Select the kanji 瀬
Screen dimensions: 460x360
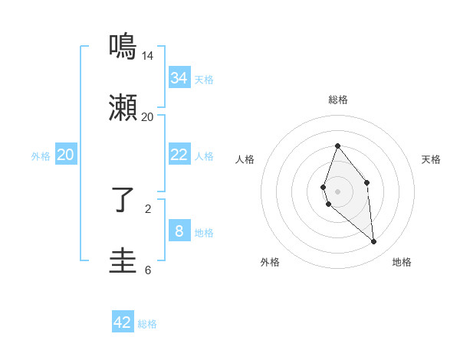tap(123, 109)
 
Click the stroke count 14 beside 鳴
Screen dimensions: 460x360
tap(148, 56)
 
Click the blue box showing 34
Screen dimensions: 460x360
tap(179, 78)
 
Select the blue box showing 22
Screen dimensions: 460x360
tap(179, 155)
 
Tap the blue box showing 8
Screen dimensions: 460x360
tap(179, 231)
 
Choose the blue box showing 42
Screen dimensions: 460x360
tap(123, 322)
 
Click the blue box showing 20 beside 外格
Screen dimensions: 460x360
tap(66, 155)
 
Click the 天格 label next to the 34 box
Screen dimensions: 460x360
tap(204, 80)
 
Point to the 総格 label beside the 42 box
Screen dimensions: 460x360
tap(147, 324)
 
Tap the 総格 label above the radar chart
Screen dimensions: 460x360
tap(337, 100)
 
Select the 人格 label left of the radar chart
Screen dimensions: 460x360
tap(245, 159)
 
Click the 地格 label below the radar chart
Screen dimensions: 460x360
tap(402, 262)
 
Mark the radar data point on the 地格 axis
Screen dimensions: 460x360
tap(374, 242)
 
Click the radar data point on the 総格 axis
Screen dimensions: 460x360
tap(337, 146)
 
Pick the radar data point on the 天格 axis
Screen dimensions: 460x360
tap(367, 182)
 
